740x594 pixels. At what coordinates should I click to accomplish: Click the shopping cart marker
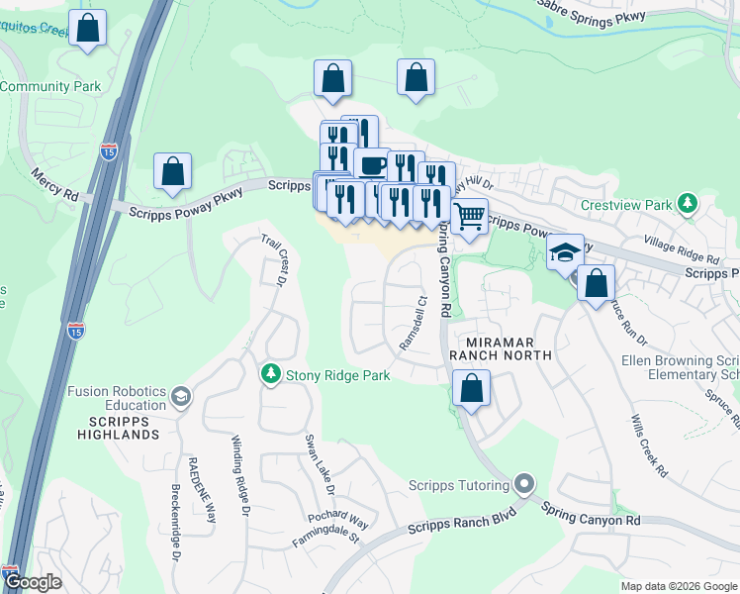469,215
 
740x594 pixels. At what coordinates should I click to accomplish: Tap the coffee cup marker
372,164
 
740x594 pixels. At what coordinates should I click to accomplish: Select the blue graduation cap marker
565,250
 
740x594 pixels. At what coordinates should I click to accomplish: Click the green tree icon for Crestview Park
687,204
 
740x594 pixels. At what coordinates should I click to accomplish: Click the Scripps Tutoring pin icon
523,485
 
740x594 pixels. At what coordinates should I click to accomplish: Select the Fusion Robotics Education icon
180,398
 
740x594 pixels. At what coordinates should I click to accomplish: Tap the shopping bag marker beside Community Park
89,31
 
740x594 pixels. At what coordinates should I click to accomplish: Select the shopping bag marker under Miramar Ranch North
471,389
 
